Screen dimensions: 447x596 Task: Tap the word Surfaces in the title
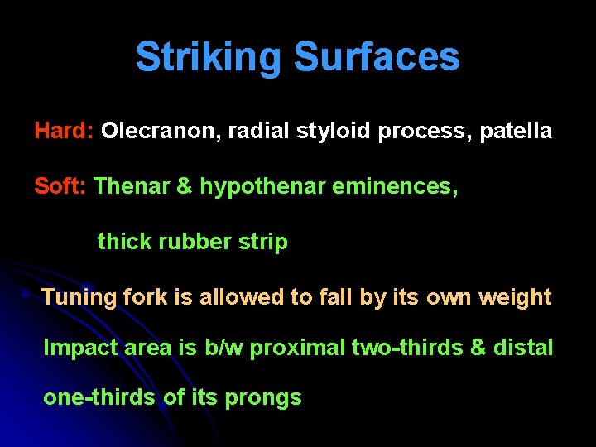[x=377, y=58]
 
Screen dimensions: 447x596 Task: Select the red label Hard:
[x=64, y=132]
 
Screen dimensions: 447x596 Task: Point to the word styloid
[x=333, y=132]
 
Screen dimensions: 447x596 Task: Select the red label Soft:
[x=60, y=186]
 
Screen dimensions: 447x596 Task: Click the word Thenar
[x=132, y=186]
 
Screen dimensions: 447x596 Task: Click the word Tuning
[x=76, y=297]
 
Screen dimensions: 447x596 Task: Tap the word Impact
[x=80, y=348]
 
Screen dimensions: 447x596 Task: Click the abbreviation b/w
[x=224, y=348]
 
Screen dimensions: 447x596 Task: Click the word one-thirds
[x=99, y=397]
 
